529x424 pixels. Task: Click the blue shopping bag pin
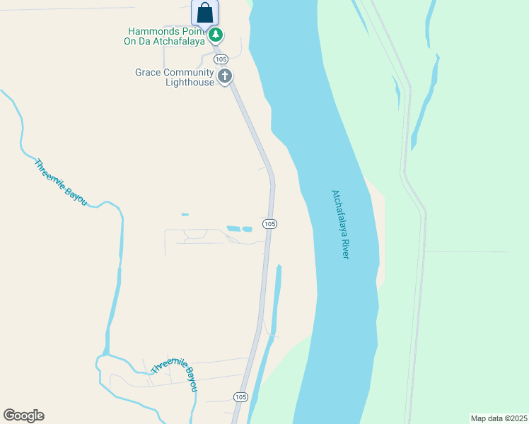(x=204, y=13)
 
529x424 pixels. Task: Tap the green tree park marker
(x=216, y=34)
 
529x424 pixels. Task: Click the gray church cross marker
(x=225, y=76)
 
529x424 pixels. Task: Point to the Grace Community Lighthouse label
(x=175, y=78)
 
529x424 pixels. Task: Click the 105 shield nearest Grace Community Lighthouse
(x=221, y=59)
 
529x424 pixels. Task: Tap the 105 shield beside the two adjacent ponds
(x=269, y=224)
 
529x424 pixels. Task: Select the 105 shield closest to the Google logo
(x=240, y=397)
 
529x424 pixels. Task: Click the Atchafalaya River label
(x=341, y=223)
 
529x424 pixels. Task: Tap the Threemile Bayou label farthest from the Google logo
(x=61, y=182)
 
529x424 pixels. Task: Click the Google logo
(x=23, y=416)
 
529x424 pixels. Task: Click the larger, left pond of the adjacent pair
(x=233, y=229)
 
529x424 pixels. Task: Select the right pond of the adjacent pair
(x=247, y=229)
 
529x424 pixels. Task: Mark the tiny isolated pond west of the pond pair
(x=185, y=214)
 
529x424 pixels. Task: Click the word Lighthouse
(x=190, y=83)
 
